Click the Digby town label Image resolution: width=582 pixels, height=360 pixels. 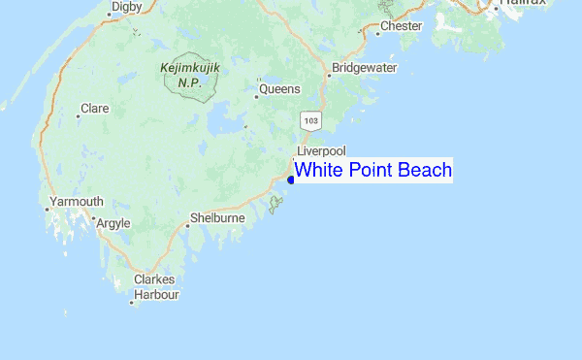pos(126,7)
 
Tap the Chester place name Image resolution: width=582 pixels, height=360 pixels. pos(402,26)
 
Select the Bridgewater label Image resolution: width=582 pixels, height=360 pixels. pos(365,69)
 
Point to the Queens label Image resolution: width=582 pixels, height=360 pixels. pos(279,91)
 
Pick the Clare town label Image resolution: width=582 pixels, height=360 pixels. pos(95,109)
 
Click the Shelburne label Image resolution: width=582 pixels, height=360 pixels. pos(217,218)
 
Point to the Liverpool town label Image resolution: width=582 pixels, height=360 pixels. pos(321,151)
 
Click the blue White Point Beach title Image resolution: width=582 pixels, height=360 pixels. pos(373,171)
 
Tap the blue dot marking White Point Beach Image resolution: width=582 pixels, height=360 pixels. pos(292,179)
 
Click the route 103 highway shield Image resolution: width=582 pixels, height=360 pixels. pos(310,121)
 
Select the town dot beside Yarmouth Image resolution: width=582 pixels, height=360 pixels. pos(48,207)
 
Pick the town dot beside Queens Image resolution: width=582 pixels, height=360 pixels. pos(256,82)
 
